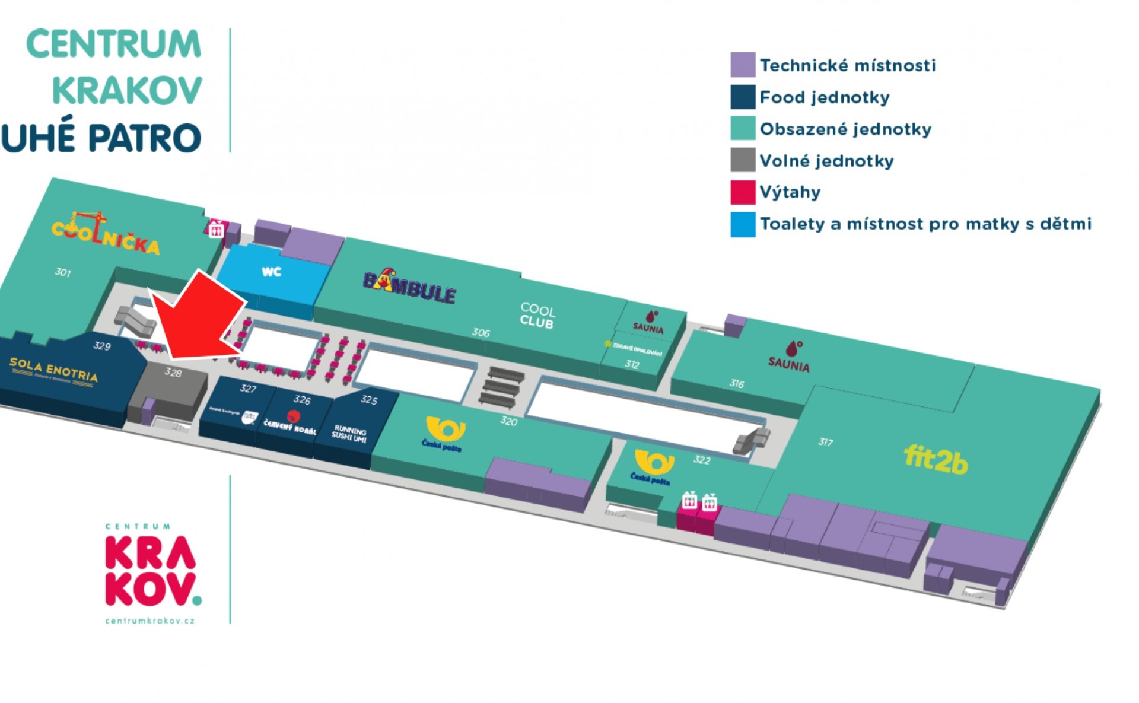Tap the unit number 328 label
(x=173, y=372)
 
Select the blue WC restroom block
(x=272, y=274)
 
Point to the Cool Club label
(x=537, y=316)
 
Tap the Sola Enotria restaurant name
(x=53, y=370)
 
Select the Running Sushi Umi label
(x=349, y=434)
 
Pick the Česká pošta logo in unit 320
(x=444, y=434)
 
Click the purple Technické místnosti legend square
(x=742, y=65)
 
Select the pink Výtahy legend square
(x=742, y=192)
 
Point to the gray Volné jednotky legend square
(x=742, y=160)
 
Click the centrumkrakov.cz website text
(x=149, y=621)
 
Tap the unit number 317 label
(x=825, y=442)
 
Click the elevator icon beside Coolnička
(x=216, y=229)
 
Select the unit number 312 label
(x=632, y=364)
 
